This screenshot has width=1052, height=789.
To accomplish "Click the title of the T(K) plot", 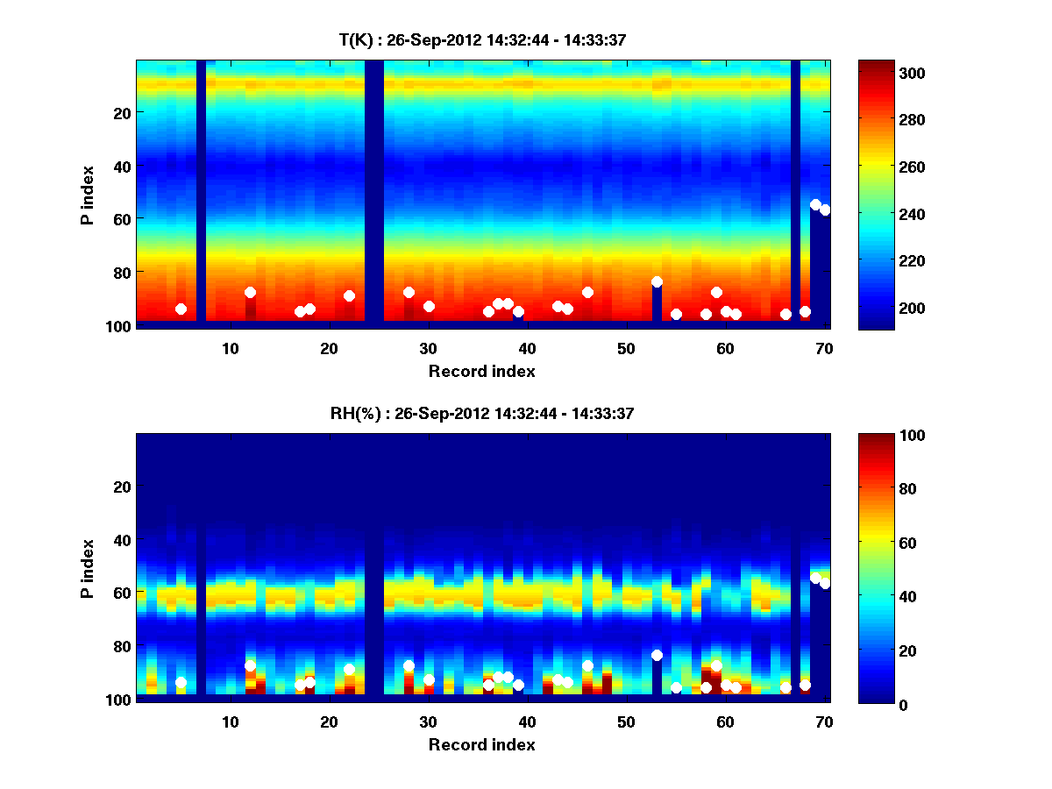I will [482, 39].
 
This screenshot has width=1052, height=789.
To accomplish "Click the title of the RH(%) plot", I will [482, 413].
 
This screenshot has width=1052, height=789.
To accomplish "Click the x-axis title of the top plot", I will [482, 371].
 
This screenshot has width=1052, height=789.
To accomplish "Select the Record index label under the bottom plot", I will [482, 744].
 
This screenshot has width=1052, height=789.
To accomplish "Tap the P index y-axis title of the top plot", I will [87, 194].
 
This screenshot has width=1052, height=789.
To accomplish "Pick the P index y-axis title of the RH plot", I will [87, 567].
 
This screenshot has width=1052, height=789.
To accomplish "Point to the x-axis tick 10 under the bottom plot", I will [230, 721].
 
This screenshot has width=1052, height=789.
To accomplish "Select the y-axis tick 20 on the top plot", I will [121, 113].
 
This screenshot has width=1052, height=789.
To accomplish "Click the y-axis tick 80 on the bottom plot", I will [121, 647].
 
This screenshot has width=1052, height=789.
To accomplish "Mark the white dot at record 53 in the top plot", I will [657, 281].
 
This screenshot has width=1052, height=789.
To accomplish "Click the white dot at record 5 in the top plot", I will [181, 309].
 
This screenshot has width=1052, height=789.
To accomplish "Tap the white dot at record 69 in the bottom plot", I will [815, 578].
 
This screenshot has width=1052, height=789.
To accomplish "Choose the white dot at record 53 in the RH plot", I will [657, 655].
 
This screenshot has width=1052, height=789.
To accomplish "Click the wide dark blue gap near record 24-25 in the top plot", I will [374, 193].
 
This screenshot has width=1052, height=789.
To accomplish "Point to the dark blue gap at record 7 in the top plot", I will [201, 193].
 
